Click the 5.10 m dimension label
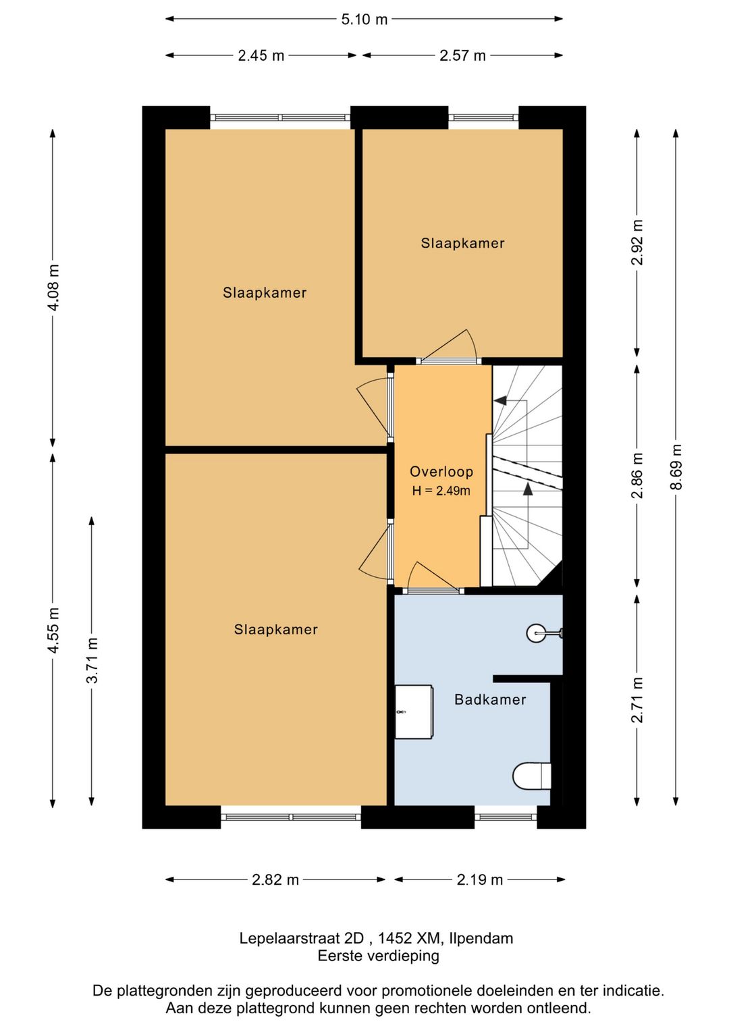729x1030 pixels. [x=364, y=20]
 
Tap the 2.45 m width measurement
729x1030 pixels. [x=261, y=56]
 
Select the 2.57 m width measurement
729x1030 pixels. [x=462, y=56]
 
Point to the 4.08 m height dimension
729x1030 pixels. [x=53, y=288]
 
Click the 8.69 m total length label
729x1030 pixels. [x=676, y=467]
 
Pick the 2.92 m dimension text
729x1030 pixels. [x=637, y=243]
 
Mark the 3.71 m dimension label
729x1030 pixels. [x=92, y=660]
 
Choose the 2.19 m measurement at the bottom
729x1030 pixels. [x=480, y=880]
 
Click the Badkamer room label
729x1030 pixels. [x=490, y=700]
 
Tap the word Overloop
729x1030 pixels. [x=441, y=472]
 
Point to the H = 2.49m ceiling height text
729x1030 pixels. [x=441, y=491]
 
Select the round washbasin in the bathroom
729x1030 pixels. [x=536, y=634]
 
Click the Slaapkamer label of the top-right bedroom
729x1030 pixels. [x=462, y=243]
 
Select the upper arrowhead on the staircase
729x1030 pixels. [x=500, y=400]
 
